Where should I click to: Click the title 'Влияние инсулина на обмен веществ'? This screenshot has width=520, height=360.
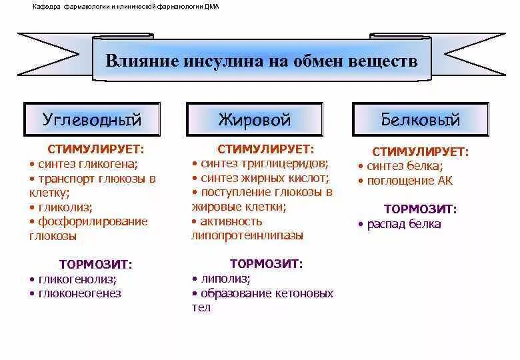[x=261, y=61]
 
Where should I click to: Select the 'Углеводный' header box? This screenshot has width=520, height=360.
[x=92, y=120]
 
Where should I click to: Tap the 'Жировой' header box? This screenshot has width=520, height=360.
[x=255, y=120]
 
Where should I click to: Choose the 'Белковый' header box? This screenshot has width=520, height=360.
[x=421, y=120]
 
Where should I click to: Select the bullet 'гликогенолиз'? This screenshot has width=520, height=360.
[x=77, y=279]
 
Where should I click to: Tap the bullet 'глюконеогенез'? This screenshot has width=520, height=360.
[x=80, y=293]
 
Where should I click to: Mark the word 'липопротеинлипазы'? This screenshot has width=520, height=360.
[x=247, y=235]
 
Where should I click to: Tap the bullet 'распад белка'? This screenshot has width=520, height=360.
[x=404, y=224]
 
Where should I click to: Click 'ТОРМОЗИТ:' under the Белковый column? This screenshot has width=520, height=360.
[x=421, y=209]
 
